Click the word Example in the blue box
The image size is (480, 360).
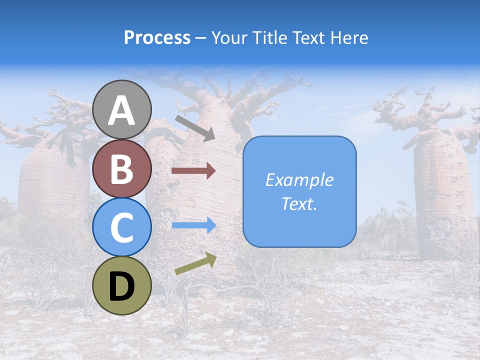pyautogui.click(x=299, y=180)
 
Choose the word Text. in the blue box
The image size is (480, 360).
pyautogui.click(x=299, y=204)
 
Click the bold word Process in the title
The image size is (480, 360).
pyautogui.click(x=157, y=37)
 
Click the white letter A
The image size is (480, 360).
pyautogui.click(x=122, y=111)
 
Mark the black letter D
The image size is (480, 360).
pyautogui.click(x=122, y=287)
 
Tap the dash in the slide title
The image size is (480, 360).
pyautogui.click(x=200, y=38)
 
